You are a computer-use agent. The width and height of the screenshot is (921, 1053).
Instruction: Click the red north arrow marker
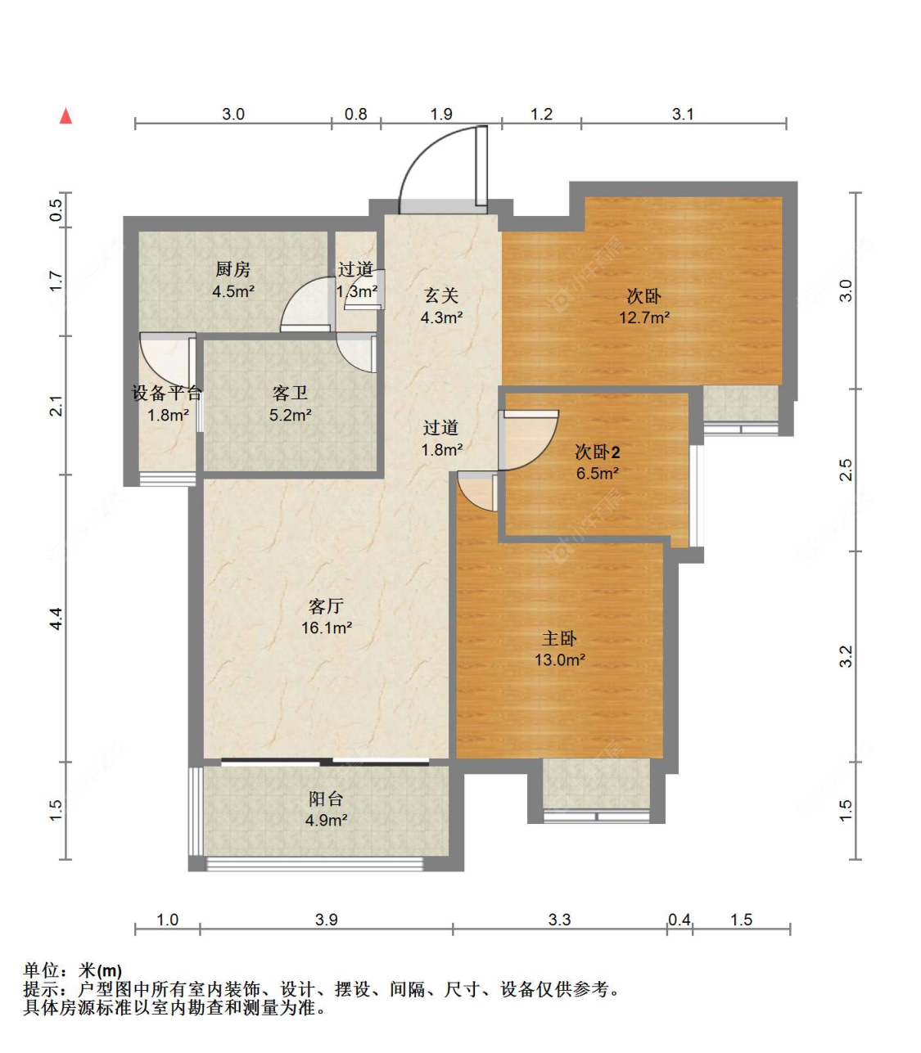(66, 116)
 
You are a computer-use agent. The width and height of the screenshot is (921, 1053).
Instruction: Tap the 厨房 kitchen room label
(233, 269)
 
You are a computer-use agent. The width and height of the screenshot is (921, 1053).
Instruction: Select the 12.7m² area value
(644, 317)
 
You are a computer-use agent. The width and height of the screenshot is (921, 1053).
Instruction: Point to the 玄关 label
(441, 295)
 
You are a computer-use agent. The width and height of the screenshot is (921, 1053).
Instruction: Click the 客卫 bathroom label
(290, 394)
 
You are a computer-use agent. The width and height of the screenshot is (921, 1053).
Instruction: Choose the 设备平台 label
(167, 394)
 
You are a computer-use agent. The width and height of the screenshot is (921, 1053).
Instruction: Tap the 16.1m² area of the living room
(327, 628)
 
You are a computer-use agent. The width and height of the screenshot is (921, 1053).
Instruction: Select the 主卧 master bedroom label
(560, 638)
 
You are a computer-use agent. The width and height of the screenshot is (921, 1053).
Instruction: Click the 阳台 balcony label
(326, 799)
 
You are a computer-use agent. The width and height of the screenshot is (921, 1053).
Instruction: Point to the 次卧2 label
(598, 452)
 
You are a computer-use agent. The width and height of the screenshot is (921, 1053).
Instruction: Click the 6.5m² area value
(598, 473)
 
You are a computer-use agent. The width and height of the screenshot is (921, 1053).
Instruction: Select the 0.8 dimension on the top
(355, 115)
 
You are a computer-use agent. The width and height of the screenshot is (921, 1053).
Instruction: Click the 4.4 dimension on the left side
(56, 619)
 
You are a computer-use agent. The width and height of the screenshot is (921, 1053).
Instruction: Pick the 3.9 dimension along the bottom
(326, 920)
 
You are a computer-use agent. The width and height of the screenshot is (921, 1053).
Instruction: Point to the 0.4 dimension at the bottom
(679, 920)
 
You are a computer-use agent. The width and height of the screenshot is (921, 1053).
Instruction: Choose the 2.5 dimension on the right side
(847, 470)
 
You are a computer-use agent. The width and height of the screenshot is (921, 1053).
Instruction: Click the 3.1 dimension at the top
(683, 115)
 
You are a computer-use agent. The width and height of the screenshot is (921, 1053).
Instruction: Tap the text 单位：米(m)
(73, 970)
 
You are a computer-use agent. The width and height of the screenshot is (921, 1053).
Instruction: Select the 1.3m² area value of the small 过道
(357, 290)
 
